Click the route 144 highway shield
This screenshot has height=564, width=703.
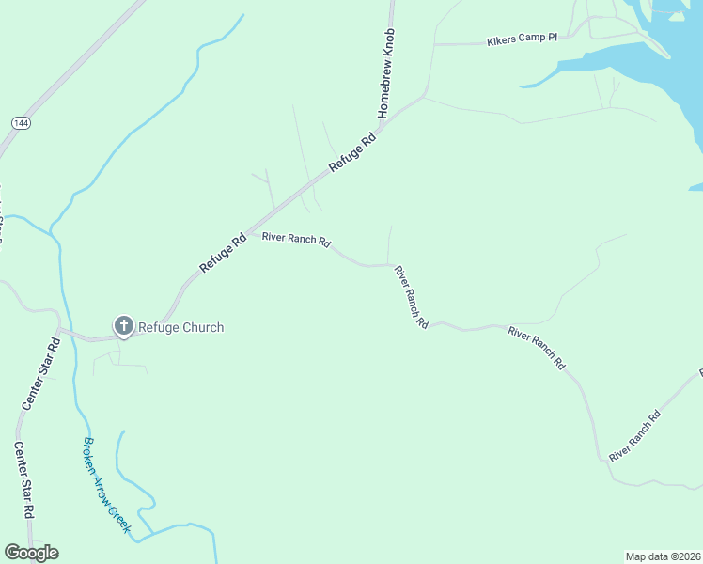click(x=20, y=123)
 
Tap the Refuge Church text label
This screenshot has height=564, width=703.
click(x=181, y=327)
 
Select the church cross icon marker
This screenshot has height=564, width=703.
click(x=123, y=326)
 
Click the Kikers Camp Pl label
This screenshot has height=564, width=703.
click(x=522, y=41)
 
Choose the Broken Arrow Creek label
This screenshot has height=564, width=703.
click(x=106, y=485)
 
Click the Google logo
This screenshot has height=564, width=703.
click(x=31, y=553)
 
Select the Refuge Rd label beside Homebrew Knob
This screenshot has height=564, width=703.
click(x=352, y=150)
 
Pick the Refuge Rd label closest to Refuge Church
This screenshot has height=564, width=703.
click(x=223, y=253)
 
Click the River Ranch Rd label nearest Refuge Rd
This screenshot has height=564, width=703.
click(x=296, y=240)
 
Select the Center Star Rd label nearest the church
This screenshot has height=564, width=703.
click(x=40, y=371)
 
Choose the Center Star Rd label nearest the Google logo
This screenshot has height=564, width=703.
click(x=23, y=479)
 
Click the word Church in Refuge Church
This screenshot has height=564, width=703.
click(x=203, y=327)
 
